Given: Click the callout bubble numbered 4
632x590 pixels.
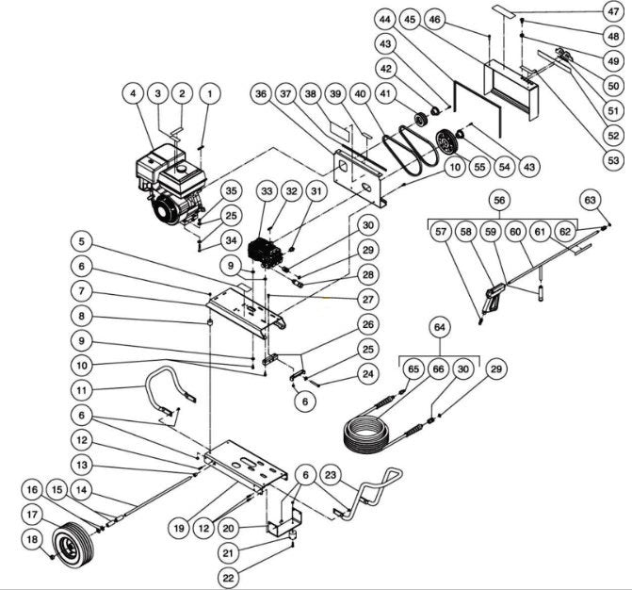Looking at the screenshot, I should click(x=135, y=94).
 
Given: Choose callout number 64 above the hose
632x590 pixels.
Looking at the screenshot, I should click(x=439, y=328).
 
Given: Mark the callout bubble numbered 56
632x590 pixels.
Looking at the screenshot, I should click(x=499, y=201).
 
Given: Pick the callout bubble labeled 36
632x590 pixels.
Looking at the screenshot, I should click(x=261, y=94).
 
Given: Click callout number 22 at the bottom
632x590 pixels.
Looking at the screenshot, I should click(x=228, y=576).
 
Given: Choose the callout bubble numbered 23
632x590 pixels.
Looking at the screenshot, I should click(x=331, y=475).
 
